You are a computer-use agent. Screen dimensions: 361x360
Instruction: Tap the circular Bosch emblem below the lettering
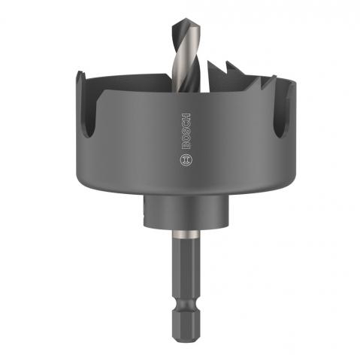pyautogui.click(x=186, y=159)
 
